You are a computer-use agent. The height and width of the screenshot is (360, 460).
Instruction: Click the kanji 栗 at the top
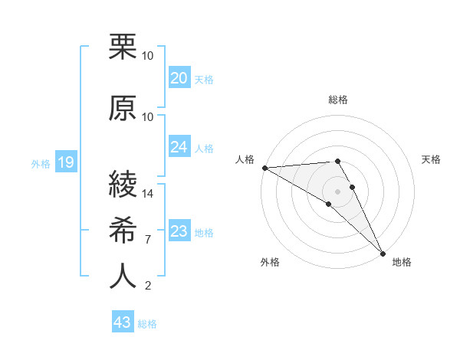(x=123, y=47)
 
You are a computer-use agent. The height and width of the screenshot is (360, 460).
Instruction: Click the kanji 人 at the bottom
(x=123, y=276)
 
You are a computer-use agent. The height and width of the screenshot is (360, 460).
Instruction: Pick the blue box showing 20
(x=179, y=77)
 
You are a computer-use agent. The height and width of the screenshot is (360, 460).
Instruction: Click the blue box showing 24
(x=179, y=147)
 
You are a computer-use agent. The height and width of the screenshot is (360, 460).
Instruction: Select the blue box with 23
(x=179, y=231)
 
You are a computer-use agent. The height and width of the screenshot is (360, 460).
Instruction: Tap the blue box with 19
(x=65, y=162)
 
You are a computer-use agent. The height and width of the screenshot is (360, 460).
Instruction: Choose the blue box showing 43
(x=122, y=322)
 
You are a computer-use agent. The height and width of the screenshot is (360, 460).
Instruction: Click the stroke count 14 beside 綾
(x=148, y=193)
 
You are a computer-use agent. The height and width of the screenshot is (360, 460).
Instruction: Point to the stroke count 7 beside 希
(x=147, y=240)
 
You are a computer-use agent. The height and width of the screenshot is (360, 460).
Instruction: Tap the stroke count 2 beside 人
(x=147, y=286)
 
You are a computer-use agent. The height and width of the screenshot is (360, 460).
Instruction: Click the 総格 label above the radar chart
(x=337, y=100)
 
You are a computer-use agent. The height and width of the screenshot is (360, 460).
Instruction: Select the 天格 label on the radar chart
(x=431, y=159)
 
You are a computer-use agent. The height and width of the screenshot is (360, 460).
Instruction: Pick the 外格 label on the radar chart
(x=270, y=262)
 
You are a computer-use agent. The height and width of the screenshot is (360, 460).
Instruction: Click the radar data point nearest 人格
(x=264, y=168)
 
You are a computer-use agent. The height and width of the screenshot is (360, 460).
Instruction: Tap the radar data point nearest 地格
(x=383, y=253)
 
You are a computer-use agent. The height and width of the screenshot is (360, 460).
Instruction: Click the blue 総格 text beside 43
(x=147, y=324)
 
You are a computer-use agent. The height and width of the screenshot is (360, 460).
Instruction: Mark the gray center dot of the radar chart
(x=337, y=191)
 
